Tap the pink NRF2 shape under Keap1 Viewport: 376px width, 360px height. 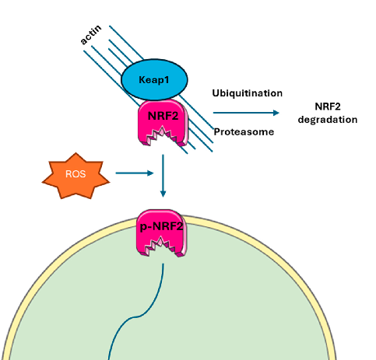pos(162,117)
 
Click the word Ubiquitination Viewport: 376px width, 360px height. pos(247,93)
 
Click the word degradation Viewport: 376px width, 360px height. pos(328,120)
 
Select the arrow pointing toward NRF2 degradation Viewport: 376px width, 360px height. pos(249,113)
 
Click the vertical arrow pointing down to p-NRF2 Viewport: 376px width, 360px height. pos(163,175)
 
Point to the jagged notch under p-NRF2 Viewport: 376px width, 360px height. pos(163,249)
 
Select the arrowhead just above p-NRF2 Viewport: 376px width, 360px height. pos(163,194)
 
